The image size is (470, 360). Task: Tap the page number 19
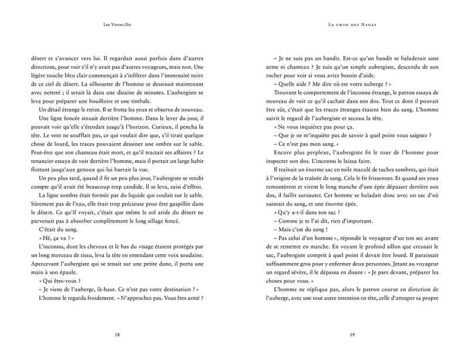pyautogui.click(x=352, y=334)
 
